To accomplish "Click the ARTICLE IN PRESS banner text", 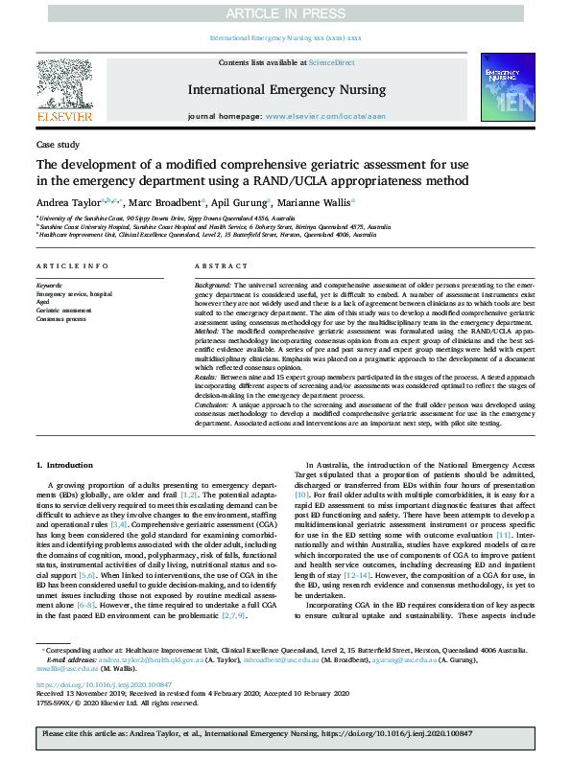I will click(x=285, y=12).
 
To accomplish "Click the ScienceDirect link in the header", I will click(x=330, y=63).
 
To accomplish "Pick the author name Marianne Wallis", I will click(x=315, y=202).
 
